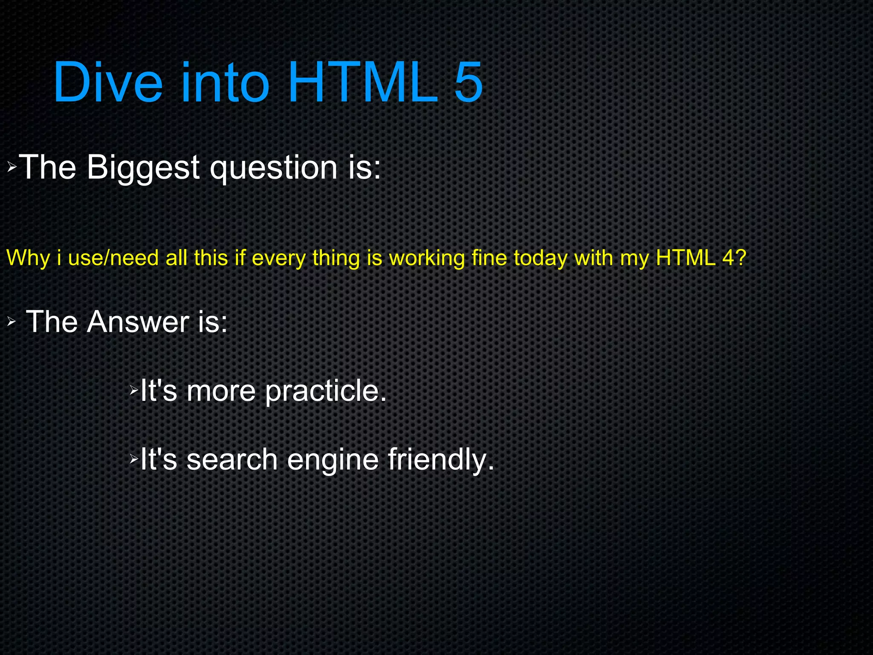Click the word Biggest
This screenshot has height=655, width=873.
(x=143, y=168)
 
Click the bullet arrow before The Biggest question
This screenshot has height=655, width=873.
(x=12, y=167)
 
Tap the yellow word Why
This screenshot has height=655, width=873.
(x=28, y=258)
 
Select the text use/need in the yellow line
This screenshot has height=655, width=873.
(x=113, y=258)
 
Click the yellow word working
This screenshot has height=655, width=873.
(x=427, y=258)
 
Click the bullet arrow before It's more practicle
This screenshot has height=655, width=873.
(x=134, y=389)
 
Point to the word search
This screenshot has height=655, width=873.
(x=232, y=460)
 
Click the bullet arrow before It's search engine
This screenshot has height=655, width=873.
(x=134, y=459)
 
